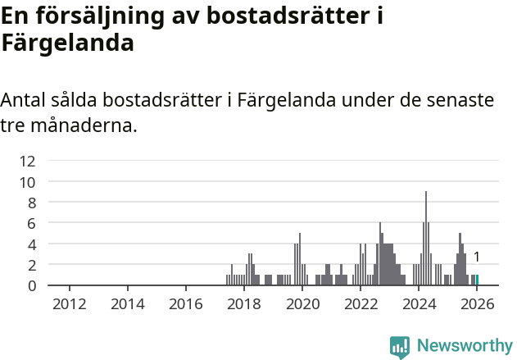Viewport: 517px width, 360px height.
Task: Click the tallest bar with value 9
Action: (426, 239)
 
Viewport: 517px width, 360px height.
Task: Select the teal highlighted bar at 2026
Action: (477, 280)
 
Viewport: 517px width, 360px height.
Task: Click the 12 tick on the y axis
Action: (28, 161)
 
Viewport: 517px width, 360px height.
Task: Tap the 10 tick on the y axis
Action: (28, 182)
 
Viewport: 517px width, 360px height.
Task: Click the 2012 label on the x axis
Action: (69, 304)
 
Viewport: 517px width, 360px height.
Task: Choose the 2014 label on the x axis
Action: (127, 304)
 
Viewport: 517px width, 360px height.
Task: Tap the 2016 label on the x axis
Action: (186, 304)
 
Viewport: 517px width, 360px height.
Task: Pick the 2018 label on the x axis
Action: (244, 304)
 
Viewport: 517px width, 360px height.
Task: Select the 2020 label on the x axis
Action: (302, 304)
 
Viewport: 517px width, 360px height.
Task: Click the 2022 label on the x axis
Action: (361, 304)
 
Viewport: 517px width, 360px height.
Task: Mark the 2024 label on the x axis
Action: (419, 304)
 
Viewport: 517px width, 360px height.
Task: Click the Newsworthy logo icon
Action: (400, 347)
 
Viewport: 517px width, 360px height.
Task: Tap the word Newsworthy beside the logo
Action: (465, 346)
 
